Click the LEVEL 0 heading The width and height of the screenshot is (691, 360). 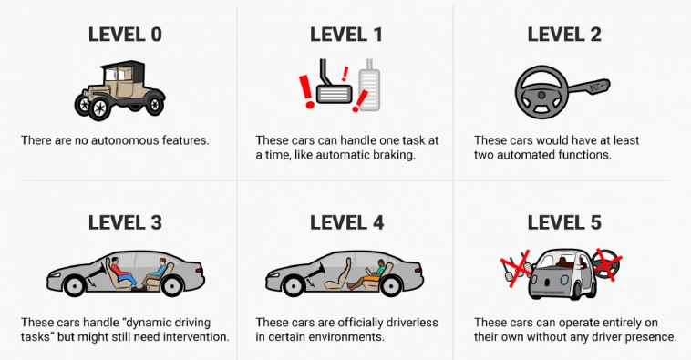[125, 35]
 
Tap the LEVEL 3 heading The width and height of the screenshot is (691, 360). [125, 222]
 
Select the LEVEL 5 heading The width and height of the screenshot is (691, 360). [564, 222]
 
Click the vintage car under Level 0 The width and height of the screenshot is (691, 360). [119, 90]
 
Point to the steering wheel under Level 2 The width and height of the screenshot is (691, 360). [541, 92]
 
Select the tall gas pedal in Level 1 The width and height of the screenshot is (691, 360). [369, 86]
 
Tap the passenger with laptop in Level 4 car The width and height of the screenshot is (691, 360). [368, 275]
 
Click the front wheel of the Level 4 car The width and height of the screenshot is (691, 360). [293, 286]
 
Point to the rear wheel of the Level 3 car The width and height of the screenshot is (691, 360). [172, 286]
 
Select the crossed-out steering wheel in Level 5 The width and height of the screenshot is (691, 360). [607, 264]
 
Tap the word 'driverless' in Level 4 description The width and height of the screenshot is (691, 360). [412, 322]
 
